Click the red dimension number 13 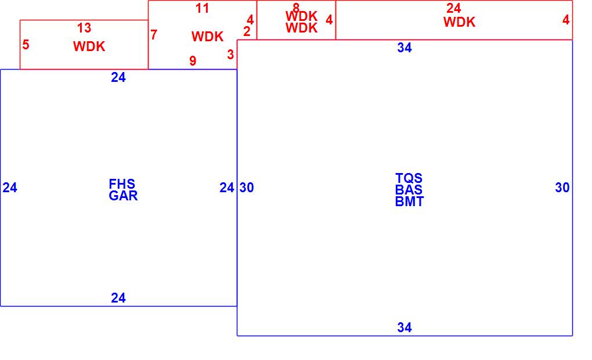[84, 28]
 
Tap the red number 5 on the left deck [26, 45]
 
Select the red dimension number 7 [154, 35]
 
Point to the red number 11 [202, 8]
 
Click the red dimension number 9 [193, 60]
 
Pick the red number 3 [230, 55]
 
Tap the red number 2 [247, 31]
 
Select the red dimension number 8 [296, 8]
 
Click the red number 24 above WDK [454, 8]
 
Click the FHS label [122, 184]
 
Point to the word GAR [124, 196]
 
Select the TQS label [409, 178]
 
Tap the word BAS [409, 190]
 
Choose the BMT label [410, 201]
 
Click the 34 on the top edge [405, 48]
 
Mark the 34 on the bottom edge [405, 327]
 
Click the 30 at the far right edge [562, 188]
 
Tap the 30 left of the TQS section [247, 188]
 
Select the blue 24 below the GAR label [118, 298]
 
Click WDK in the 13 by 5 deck [89, 46]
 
